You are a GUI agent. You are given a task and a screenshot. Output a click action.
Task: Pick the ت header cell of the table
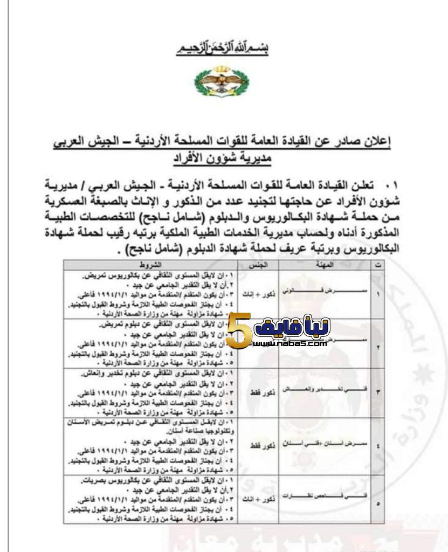click(376, 266)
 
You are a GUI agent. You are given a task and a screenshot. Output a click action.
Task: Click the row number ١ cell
click(376, 294)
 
